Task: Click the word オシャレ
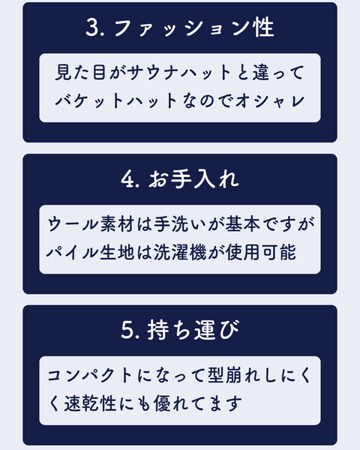270,100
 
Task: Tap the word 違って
278,72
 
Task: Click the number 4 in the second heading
127,179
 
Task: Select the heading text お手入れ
193,180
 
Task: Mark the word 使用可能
261,253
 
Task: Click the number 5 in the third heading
127,330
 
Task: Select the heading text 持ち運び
193,330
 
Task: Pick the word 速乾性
90,403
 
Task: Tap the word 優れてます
197,403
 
